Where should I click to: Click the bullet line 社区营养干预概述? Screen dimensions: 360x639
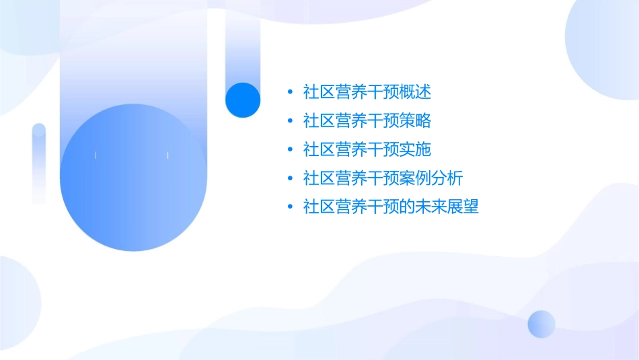(367, 92)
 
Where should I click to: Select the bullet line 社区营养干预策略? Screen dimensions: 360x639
(367, 120)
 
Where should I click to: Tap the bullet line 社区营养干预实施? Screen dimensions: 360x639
(367, 149)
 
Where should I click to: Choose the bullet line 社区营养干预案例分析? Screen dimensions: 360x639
(383, 178)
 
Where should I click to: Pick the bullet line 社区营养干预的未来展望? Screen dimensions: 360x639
(391, 207)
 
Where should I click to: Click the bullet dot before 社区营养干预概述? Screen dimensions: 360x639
(289, 92)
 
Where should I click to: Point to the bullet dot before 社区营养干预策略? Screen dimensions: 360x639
(289, 120)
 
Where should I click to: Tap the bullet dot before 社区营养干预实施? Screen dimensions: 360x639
(289, 149)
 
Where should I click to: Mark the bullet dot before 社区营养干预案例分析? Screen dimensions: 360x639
(289, 178)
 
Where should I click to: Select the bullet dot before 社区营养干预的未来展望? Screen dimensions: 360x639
(289, 207)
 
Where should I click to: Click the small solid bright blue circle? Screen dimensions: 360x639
(243, 100)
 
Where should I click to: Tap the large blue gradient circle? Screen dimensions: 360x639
(133, 178)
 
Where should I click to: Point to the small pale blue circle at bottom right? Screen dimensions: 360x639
(541, 324)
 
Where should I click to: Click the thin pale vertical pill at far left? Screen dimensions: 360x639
(39, 163)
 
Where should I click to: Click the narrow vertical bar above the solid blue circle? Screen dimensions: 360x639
(243, 47)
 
